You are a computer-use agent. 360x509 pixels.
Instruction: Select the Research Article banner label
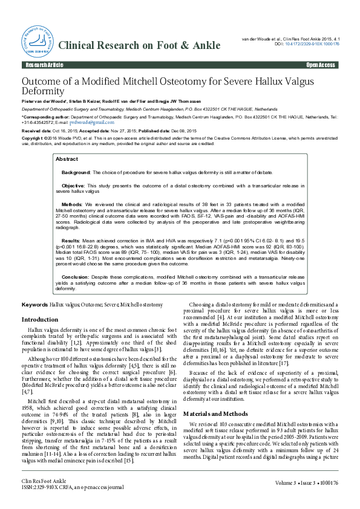[x=44, y=65]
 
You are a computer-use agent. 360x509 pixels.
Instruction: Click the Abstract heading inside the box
[x=67, y=159]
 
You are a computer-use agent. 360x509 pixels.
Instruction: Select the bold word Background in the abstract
[x=77, y=172]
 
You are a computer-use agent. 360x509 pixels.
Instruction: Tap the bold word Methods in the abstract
[x=73, y=205]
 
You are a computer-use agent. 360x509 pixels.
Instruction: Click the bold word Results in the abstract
[x=72, y=240]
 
